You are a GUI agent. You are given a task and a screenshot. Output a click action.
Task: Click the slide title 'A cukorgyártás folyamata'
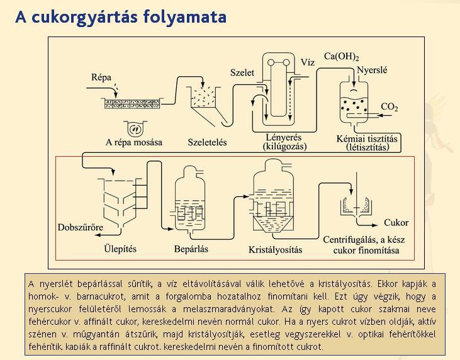121,17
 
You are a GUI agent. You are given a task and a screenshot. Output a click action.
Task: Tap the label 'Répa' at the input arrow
101,77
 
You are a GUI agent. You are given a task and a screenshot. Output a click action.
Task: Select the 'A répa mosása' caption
134,142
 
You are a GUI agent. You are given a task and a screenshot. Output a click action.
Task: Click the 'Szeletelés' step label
208,142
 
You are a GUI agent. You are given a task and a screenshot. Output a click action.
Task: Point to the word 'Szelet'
242,72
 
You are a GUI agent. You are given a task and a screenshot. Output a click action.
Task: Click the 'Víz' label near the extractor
308,62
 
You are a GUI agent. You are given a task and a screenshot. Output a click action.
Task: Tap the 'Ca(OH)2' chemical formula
342,57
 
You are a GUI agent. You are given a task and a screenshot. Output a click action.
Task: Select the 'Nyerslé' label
372,70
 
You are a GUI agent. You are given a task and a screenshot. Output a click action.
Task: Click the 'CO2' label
390,106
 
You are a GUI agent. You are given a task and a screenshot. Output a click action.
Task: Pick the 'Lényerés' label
284,137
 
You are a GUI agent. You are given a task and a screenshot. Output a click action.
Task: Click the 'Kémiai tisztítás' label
367,138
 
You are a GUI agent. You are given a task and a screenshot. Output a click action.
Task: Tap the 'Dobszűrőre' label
81,227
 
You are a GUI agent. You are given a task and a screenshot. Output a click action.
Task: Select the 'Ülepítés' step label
120,249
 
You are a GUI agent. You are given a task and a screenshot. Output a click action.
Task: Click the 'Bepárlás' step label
191,249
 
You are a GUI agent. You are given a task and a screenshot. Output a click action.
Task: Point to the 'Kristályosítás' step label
276,250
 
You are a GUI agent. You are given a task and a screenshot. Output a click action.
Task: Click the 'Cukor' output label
396,223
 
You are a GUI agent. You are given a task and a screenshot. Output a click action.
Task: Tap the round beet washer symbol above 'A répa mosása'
135,128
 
